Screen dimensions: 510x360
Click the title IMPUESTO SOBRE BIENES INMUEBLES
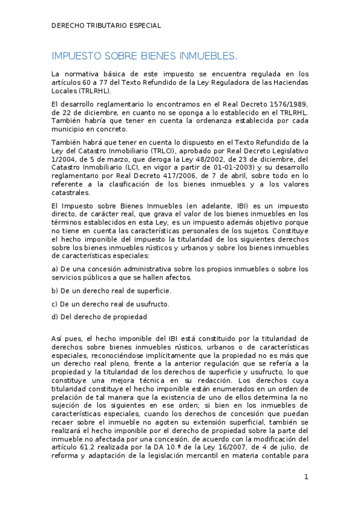(x=144, y=56)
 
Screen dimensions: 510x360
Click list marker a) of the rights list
(x=55, y=268)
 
